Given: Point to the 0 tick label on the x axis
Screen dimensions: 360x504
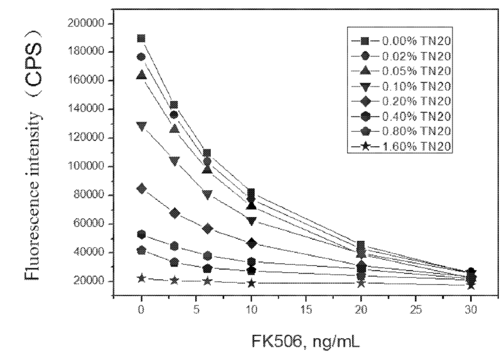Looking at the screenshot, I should (141, 310).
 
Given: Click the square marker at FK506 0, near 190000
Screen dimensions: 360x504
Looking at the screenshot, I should (141, 39).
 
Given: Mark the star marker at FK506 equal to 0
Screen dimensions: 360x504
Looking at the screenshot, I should (141, 278).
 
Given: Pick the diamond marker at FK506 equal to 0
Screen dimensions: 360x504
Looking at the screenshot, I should (141, 189).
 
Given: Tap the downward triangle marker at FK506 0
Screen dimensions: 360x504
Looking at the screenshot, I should (141, 127).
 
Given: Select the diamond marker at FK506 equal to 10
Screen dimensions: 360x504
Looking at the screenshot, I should (251, 243).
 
